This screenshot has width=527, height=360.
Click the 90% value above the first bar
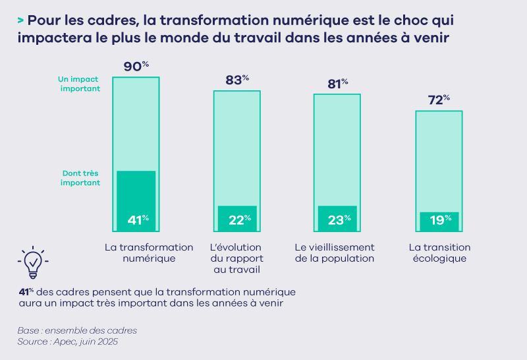(x=136, y=67)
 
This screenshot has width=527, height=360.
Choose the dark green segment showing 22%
(x=236, y=218)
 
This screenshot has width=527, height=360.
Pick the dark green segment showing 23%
(x=337, y=218)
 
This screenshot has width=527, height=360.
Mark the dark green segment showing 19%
(x=439, y=220)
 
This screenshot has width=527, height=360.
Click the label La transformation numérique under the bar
(x=149, y=253)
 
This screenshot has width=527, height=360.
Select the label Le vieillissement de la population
(x=334, y=253)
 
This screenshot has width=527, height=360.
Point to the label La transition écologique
(x=439, y=253)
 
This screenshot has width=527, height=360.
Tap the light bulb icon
(x=32, y=264)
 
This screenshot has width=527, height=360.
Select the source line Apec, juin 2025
(x=67, y=342)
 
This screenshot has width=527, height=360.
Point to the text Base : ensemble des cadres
(x=77, y=330)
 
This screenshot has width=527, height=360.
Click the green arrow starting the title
(x=21, y=20)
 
